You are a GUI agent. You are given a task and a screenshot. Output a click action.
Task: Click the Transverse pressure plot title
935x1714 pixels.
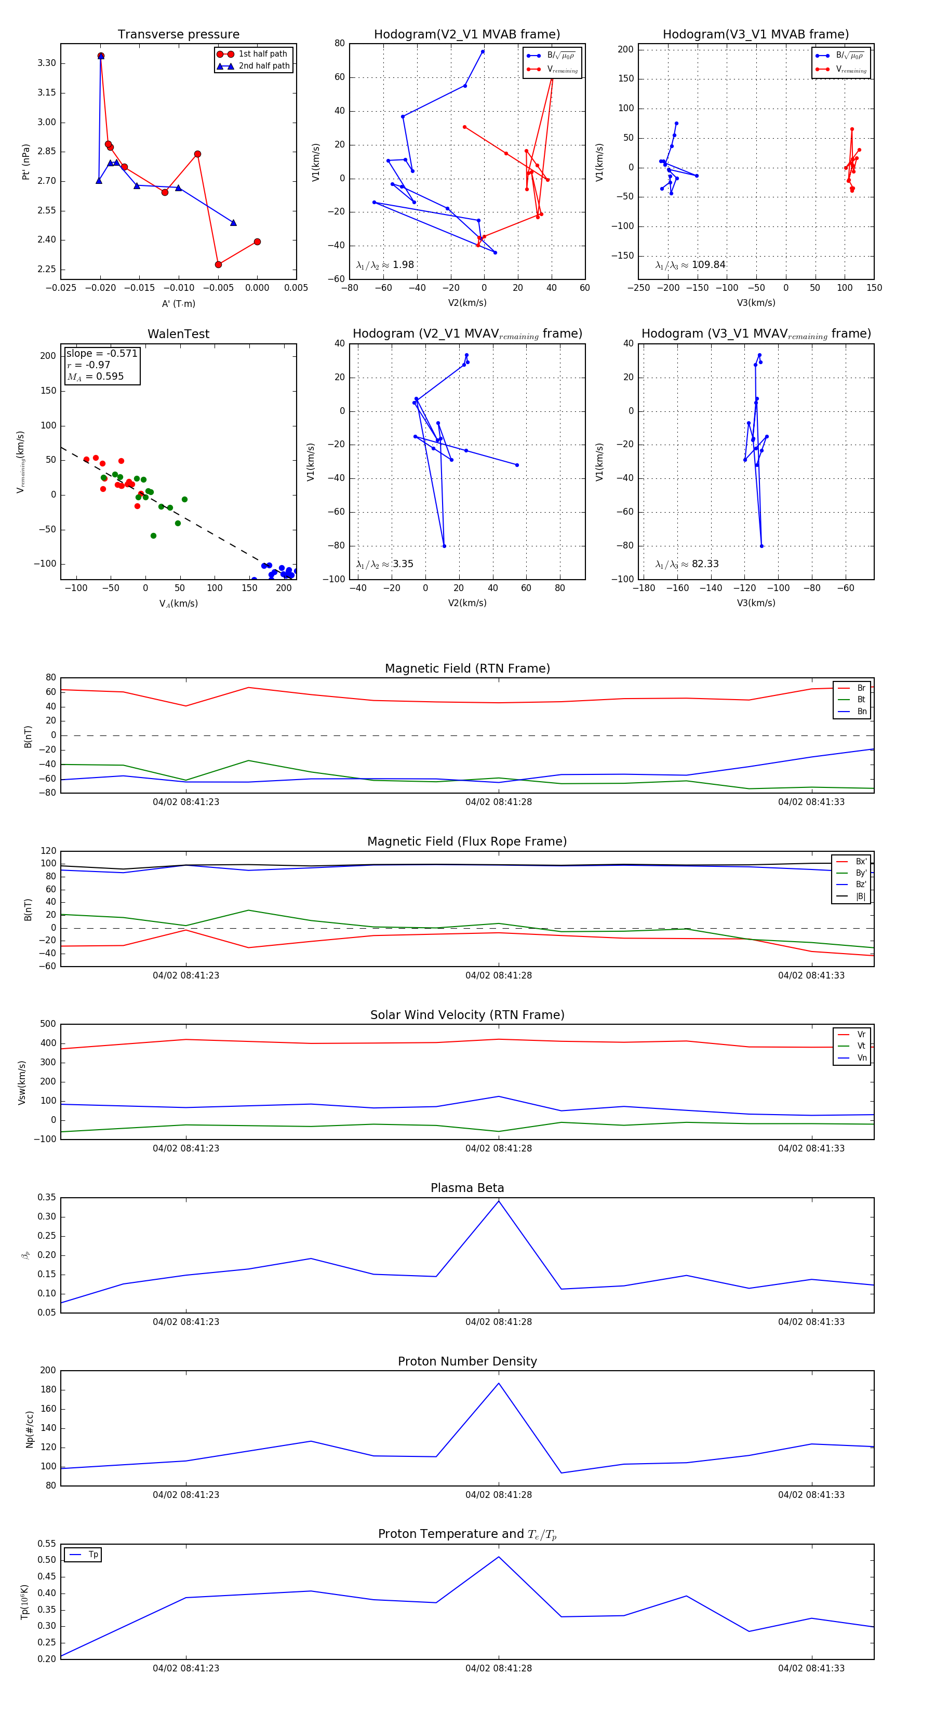coord(178,35)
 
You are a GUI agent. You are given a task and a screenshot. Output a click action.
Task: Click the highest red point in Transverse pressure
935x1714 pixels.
coord(100,56)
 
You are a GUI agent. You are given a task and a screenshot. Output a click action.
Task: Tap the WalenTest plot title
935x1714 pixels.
coord(178,334)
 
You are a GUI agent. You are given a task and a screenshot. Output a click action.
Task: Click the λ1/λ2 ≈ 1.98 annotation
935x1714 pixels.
coord(384,265)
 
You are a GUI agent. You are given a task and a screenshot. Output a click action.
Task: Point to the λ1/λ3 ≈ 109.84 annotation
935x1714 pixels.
coord(690,265)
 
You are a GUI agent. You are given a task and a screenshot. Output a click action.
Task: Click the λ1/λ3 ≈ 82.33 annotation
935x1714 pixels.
coord(687,564)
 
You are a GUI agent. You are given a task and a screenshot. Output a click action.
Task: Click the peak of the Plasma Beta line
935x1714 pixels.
coord(499,1201)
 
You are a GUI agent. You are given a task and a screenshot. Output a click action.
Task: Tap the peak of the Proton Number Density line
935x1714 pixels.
coord(499,1383)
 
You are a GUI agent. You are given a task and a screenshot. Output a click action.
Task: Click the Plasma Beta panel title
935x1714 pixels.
coord(467,1188)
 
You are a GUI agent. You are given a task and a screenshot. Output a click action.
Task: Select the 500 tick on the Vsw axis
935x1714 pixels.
coord(48,1024)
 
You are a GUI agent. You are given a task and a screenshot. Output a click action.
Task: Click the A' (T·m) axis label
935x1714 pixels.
coord(178,304)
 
